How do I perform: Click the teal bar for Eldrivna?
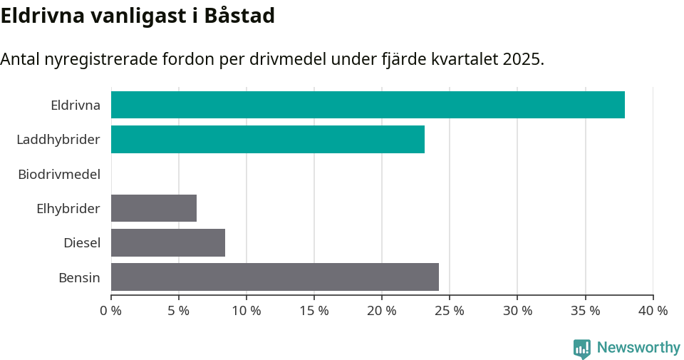coord(368,105)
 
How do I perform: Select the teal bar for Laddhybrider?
coord(268,139)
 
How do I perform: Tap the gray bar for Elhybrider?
coord(154,208)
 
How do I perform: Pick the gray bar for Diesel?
coord(168,242)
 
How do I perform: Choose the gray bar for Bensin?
coord(275,277)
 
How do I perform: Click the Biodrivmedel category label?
coord(59,174)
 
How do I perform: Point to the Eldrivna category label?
coord(76,106)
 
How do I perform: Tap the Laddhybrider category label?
coord(58,140)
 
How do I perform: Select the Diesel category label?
coord(82,243)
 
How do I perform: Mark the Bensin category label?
coord(79,277)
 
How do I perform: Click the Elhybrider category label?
coord(68,209)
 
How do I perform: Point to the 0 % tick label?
coord(111,311)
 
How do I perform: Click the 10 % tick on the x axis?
coord(247,311)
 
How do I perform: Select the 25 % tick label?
coord(450,311)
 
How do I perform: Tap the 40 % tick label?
coord(653,311)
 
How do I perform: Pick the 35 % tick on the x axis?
coord(585,311)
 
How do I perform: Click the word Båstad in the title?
coord(239,16)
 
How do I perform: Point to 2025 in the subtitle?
coord(522,59)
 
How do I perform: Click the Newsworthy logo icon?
coord(582,348)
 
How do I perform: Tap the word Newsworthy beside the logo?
coord(638,348)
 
